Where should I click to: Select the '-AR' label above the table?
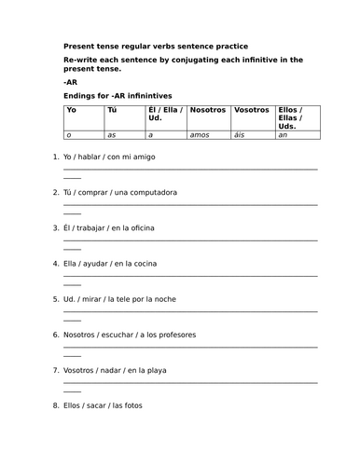(70, 80)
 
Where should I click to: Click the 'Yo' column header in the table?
(71, 110)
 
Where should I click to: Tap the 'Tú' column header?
(112, 110)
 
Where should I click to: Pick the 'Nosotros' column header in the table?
(207, 110)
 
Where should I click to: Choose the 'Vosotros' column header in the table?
(251, 110)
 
